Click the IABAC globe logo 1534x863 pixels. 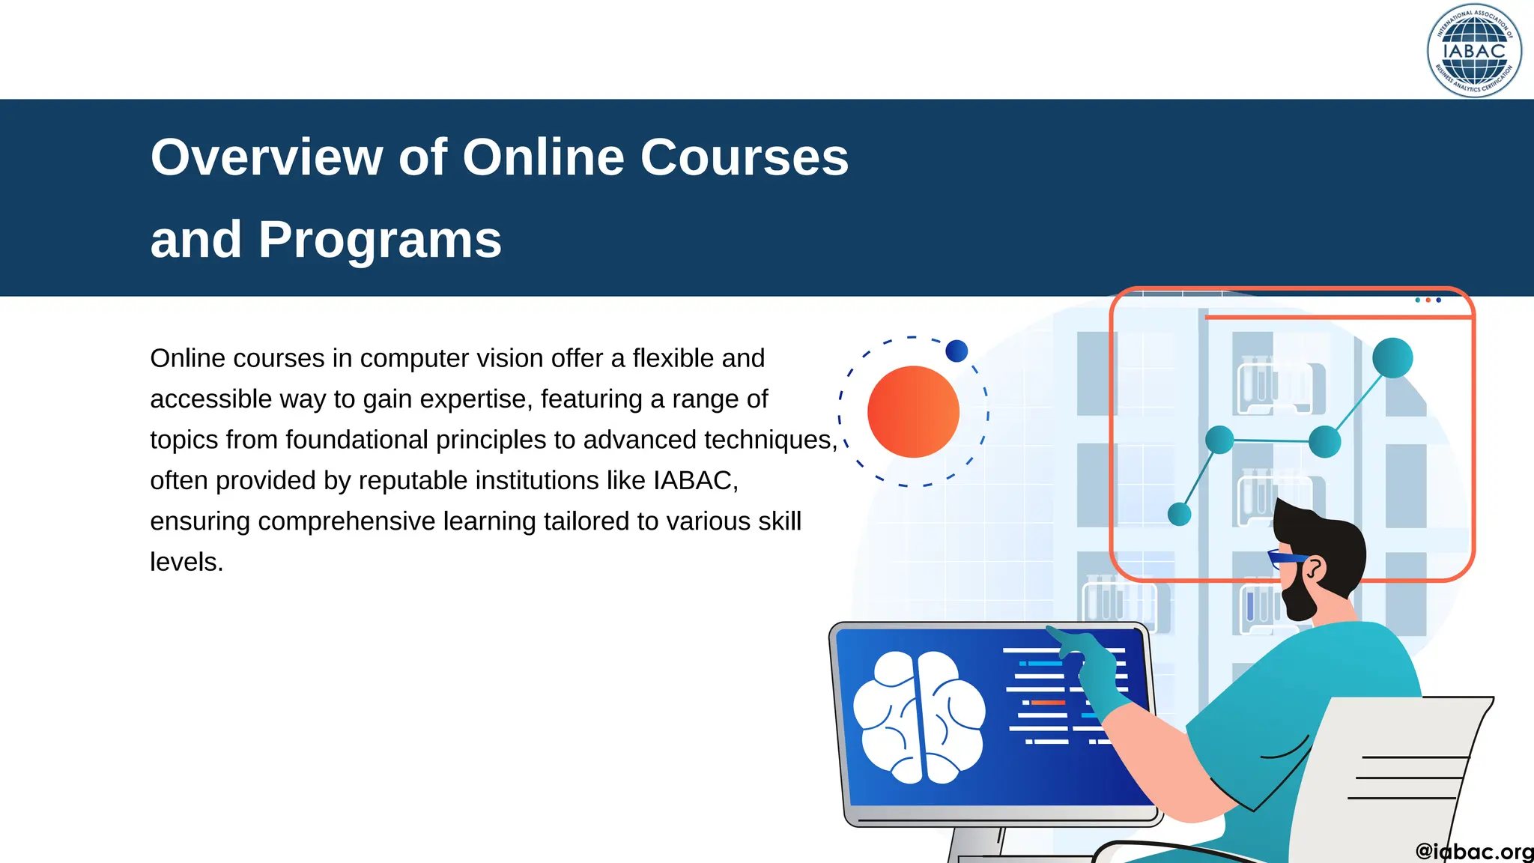coord(1474,51)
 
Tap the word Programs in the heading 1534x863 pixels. coord(380,240)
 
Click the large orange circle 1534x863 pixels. coord(913,412)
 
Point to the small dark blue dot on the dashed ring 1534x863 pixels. coord(957,351)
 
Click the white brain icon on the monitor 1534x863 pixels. coord(919,717)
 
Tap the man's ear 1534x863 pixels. coord(1315,569)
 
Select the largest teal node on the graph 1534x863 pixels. coord(1392,358)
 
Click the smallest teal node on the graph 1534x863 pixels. coord(1179,514)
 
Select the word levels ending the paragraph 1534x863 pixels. coord(186,562)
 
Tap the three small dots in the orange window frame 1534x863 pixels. coord(1428,300)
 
